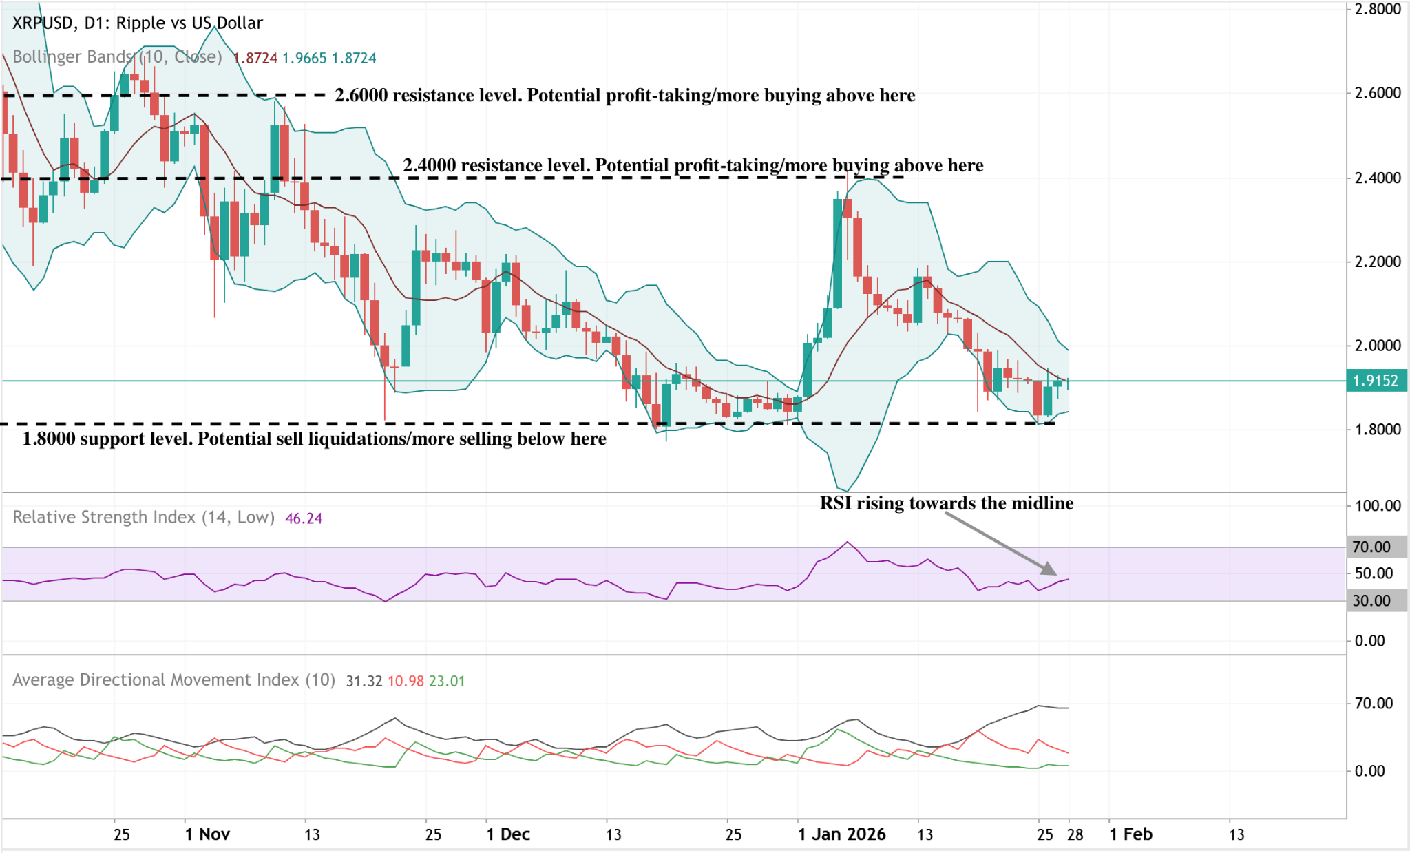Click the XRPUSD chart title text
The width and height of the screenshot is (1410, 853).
[x=138, y=23]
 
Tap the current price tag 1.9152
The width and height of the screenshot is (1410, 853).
[x=1375, y=381]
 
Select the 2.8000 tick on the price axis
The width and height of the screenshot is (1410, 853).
[x=1378, y=9]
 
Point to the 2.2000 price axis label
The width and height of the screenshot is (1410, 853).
[x=1378, y=262]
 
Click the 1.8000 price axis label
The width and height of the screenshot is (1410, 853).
[x=1378, y=429]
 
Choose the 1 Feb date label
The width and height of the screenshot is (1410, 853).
[x=1130, y=834]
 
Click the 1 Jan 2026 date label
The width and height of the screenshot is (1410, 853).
[x=841, y=834]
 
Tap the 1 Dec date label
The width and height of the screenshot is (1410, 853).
[x=508, y=834]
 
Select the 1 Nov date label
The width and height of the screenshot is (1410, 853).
[x=207, y=834]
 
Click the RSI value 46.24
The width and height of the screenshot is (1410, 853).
[x=304, y=518]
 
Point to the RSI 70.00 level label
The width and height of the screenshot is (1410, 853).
[x=1371, y=547]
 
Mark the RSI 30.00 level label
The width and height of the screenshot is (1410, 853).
[x=1371, y=600]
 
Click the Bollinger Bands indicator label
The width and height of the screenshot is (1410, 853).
[x=117, y=57]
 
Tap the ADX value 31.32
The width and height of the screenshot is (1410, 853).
[x=364, y=681]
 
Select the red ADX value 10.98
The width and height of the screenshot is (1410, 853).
[x=406, y=681]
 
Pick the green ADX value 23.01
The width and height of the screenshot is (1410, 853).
[x=447, y=681]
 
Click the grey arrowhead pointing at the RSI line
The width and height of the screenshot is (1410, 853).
[x=1049, y=569]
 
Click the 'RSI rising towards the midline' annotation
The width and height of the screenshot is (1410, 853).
[x=946, y=503]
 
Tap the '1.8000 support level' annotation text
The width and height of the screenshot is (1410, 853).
[x=314, y=439]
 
